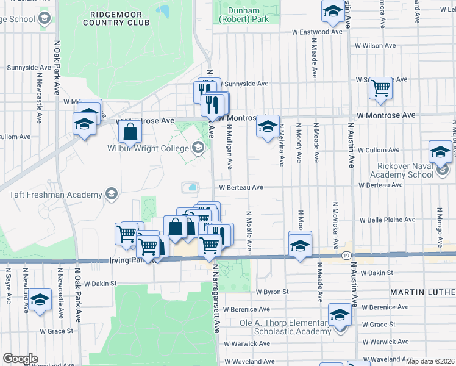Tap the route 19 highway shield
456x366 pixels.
pyautogui.click(x=346, y=256)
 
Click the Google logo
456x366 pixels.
pyautogui.click(x=20, y=359)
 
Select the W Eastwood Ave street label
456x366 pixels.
pyautogui.click(x=316, y=32)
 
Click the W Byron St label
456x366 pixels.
pyautogui.click(x=272, y=292)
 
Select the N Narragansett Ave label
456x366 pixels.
pyautogui.click(x=216, y=300)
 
